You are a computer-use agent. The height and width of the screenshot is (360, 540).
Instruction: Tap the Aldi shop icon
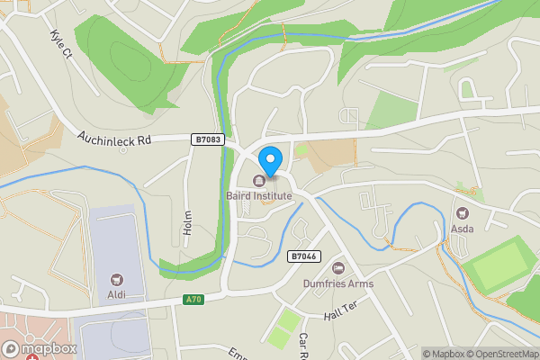coord(115,281)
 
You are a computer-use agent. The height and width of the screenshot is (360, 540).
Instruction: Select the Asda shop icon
coord(463,214)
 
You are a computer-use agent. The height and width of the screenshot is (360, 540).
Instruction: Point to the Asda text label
coord(462,229)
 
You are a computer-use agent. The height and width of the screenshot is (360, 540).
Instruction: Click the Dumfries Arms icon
coord(338,268)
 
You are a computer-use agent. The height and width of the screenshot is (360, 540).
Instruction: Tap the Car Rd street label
coord(303,344)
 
